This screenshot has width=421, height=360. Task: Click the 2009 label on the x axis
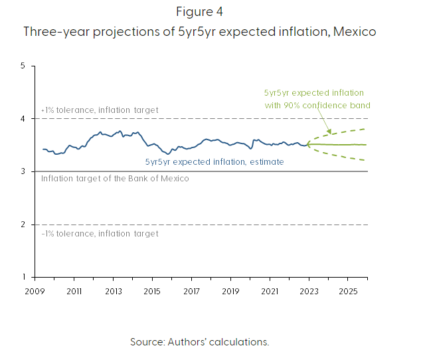35,291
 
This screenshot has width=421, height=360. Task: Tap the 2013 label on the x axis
113,291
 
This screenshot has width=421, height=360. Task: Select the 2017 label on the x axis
191,291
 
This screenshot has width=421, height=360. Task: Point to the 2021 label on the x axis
270,291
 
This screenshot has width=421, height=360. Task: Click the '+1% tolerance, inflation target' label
100,110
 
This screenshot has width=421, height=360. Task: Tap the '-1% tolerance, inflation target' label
100,233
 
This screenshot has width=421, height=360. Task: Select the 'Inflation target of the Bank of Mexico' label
115,179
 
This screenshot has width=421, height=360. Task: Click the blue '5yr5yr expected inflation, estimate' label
214,161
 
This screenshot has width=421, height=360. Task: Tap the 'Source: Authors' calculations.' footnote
199,341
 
